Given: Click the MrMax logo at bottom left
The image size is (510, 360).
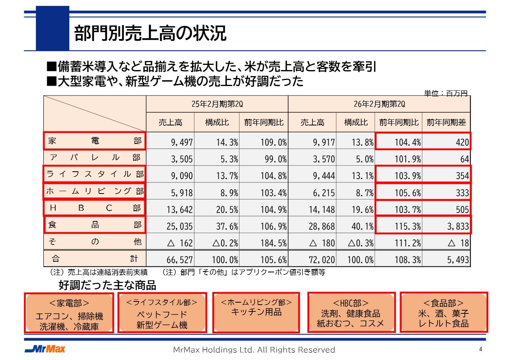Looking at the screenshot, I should pyautogui.click(x=45, y=349).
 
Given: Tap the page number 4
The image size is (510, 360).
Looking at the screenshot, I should pyautogui.click(x=481, y=349).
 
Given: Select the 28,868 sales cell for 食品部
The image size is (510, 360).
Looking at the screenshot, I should pyautogui.click(x=312, y=226).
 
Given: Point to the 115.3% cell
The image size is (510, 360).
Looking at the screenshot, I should pyautogui.click(x=399, y=226).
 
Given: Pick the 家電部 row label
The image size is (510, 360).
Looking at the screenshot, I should pyautogui.click(x=94, y=141).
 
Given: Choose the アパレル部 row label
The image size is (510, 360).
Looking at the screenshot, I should pyautogui.click(x=94, y=158).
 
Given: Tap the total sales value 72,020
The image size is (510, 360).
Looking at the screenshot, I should pyautogui.click(x=312, y=260).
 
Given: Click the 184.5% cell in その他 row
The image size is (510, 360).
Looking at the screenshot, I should pyautogui.click(x=264, y=243).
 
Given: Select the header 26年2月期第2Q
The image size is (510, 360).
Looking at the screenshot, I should pyautogui.click(x=379, y=104).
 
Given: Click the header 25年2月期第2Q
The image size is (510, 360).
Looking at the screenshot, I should pyautogui.click(x=217, y=104).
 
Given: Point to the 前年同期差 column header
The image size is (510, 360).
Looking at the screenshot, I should pyautogui.click(x=446, y=123).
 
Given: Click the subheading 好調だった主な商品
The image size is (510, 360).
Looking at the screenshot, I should pyautogui.click(x=107, y=285).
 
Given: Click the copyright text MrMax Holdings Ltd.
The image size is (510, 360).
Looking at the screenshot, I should pyautogui.click(x=254, y=350).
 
